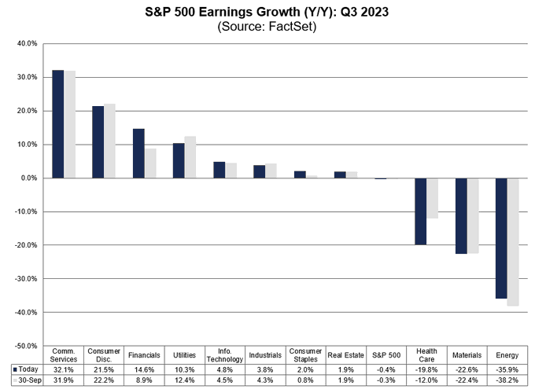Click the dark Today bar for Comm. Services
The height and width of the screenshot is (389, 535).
pos(57,124)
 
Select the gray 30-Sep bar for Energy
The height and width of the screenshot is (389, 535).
pos(513,242)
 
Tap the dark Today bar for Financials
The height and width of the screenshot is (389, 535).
pos(138,153)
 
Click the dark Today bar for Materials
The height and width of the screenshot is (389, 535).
pos(461,216)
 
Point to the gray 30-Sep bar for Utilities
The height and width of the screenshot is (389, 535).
pos(190,157)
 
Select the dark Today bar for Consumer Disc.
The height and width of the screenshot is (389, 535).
pos(98,142)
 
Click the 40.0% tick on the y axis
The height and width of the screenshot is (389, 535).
pos(27,44)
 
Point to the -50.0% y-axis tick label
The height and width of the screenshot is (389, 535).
pos(25,346)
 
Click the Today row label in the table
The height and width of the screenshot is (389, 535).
pos(28,368)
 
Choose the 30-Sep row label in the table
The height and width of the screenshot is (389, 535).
pos(28,379)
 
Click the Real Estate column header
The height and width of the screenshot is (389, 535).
pos(346,354)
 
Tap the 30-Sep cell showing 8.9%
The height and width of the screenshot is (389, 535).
pos(144,379)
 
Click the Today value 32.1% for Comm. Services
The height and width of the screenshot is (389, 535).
pos(63,368)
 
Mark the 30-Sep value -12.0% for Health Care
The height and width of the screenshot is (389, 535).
pos(426,379)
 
